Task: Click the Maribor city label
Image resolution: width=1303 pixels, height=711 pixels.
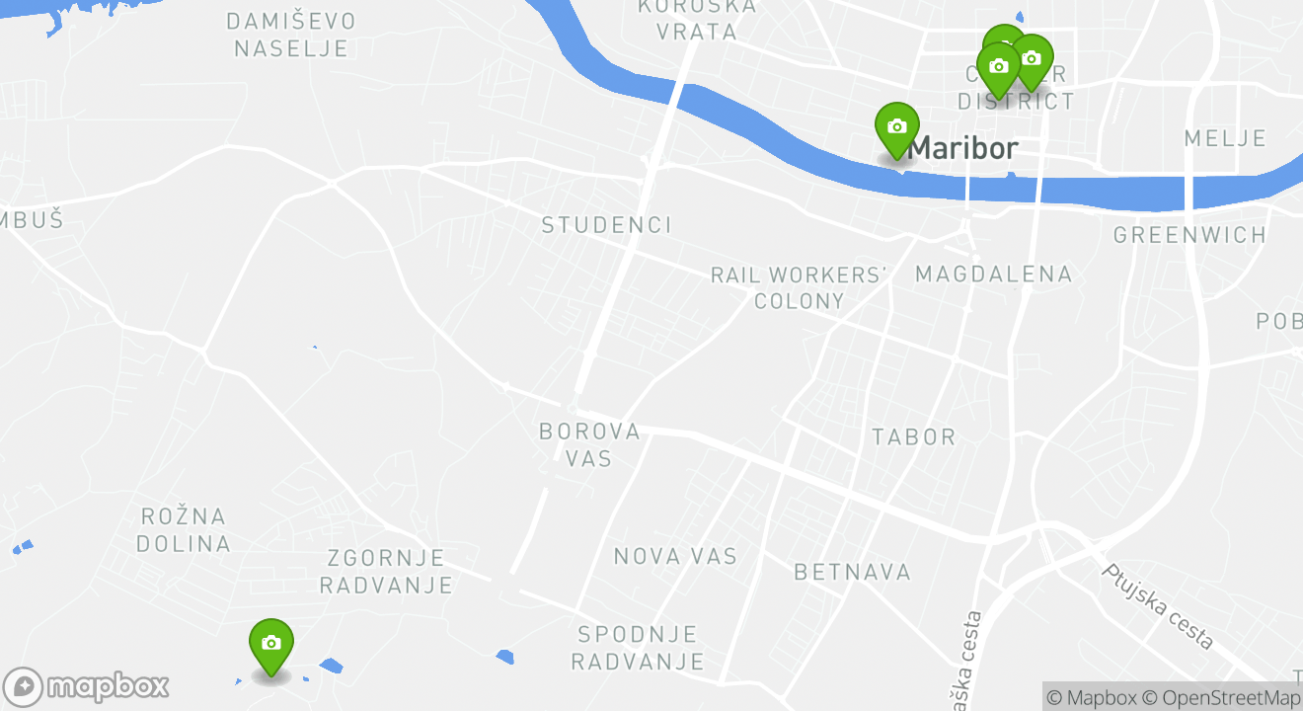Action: tap(962, 149)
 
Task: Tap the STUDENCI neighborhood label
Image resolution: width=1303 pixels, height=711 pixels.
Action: tap(606, 225)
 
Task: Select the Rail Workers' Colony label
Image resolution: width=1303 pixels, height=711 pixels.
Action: tap(800, 287)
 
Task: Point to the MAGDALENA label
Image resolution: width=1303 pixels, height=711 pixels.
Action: tap(993, 274)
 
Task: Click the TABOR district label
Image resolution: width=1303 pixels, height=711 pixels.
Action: tap(914, 436)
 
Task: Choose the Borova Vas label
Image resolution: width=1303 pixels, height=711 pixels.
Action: tap(589, 444)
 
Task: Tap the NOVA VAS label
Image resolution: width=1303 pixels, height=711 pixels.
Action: tap(675, 556)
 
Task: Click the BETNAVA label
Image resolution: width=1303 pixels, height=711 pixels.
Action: tap(852, 572)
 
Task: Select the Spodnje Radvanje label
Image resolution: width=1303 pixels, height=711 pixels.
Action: tap(638, 648)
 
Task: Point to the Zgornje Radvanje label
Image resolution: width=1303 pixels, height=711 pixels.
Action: tap(386, 572)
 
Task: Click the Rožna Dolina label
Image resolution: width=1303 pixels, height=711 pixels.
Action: tap(184, 529)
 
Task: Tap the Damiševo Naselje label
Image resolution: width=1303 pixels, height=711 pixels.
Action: tap(290, 34)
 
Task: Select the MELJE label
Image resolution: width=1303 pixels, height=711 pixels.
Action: tap(1225, 138)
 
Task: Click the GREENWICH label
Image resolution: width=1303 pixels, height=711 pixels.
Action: tap(1189, 235)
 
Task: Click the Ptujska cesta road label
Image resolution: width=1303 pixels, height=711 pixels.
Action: tap(1157, 605)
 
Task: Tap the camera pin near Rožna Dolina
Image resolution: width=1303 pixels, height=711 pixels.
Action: tap(270, 644)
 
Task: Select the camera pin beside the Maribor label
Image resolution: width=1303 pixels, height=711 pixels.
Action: tap(896, 127)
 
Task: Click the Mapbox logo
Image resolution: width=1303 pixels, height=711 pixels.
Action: tap(87, 686)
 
